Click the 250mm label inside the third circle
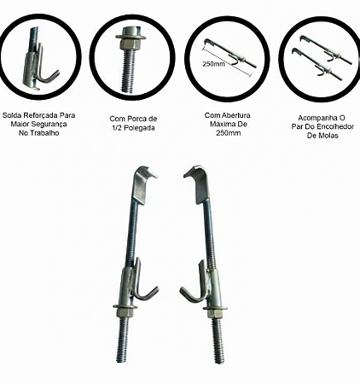pyautogui.click(x=213, y=64)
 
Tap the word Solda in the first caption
pyautogui.click(x=12, y=115)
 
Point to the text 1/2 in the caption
pyautogui.click(x=116, y=128)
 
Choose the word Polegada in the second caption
pyautogui.click(x=139, y=128)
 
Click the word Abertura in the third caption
pyautogui.click(x=235, y=115)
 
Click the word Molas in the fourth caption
pyautogui.click(x=328, y=136)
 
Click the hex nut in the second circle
pyautogui.click(x=131, y=44)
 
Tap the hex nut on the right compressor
pyautogui.click(x=216, y=313)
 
